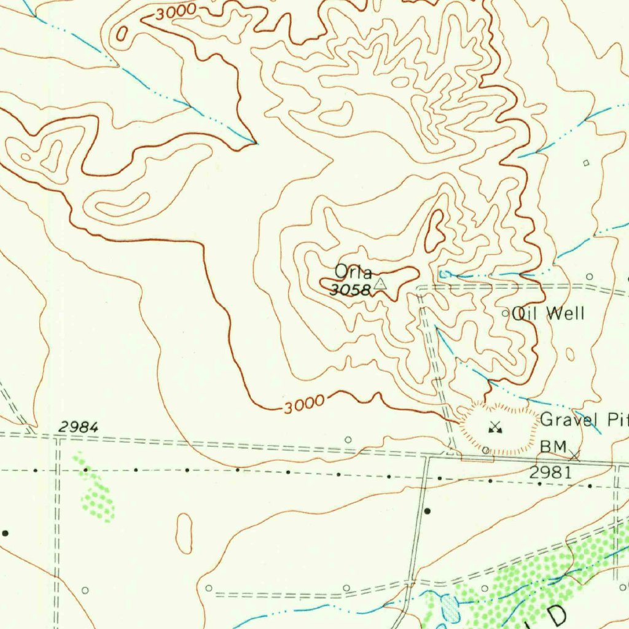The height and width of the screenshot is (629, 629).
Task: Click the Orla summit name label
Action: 353,271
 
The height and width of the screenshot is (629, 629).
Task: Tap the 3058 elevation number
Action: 350,290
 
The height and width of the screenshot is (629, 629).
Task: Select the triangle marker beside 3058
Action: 381,283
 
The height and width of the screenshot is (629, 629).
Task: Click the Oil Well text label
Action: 549,313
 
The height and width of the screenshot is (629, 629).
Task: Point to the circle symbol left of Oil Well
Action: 506,313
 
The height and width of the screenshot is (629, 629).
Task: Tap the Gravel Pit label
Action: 584,420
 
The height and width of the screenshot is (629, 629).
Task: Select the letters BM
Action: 552,447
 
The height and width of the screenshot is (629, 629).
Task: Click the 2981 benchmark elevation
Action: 550,472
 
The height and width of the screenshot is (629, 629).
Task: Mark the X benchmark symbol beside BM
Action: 574,456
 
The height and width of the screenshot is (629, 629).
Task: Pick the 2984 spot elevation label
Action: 78,426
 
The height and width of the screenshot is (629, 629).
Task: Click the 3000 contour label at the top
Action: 175,12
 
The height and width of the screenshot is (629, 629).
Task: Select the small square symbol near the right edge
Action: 586,163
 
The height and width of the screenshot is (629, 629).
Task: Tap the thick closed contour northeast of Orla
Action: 436,230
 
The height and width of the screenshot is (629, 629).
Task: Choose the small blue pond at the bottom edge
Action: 450,608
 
